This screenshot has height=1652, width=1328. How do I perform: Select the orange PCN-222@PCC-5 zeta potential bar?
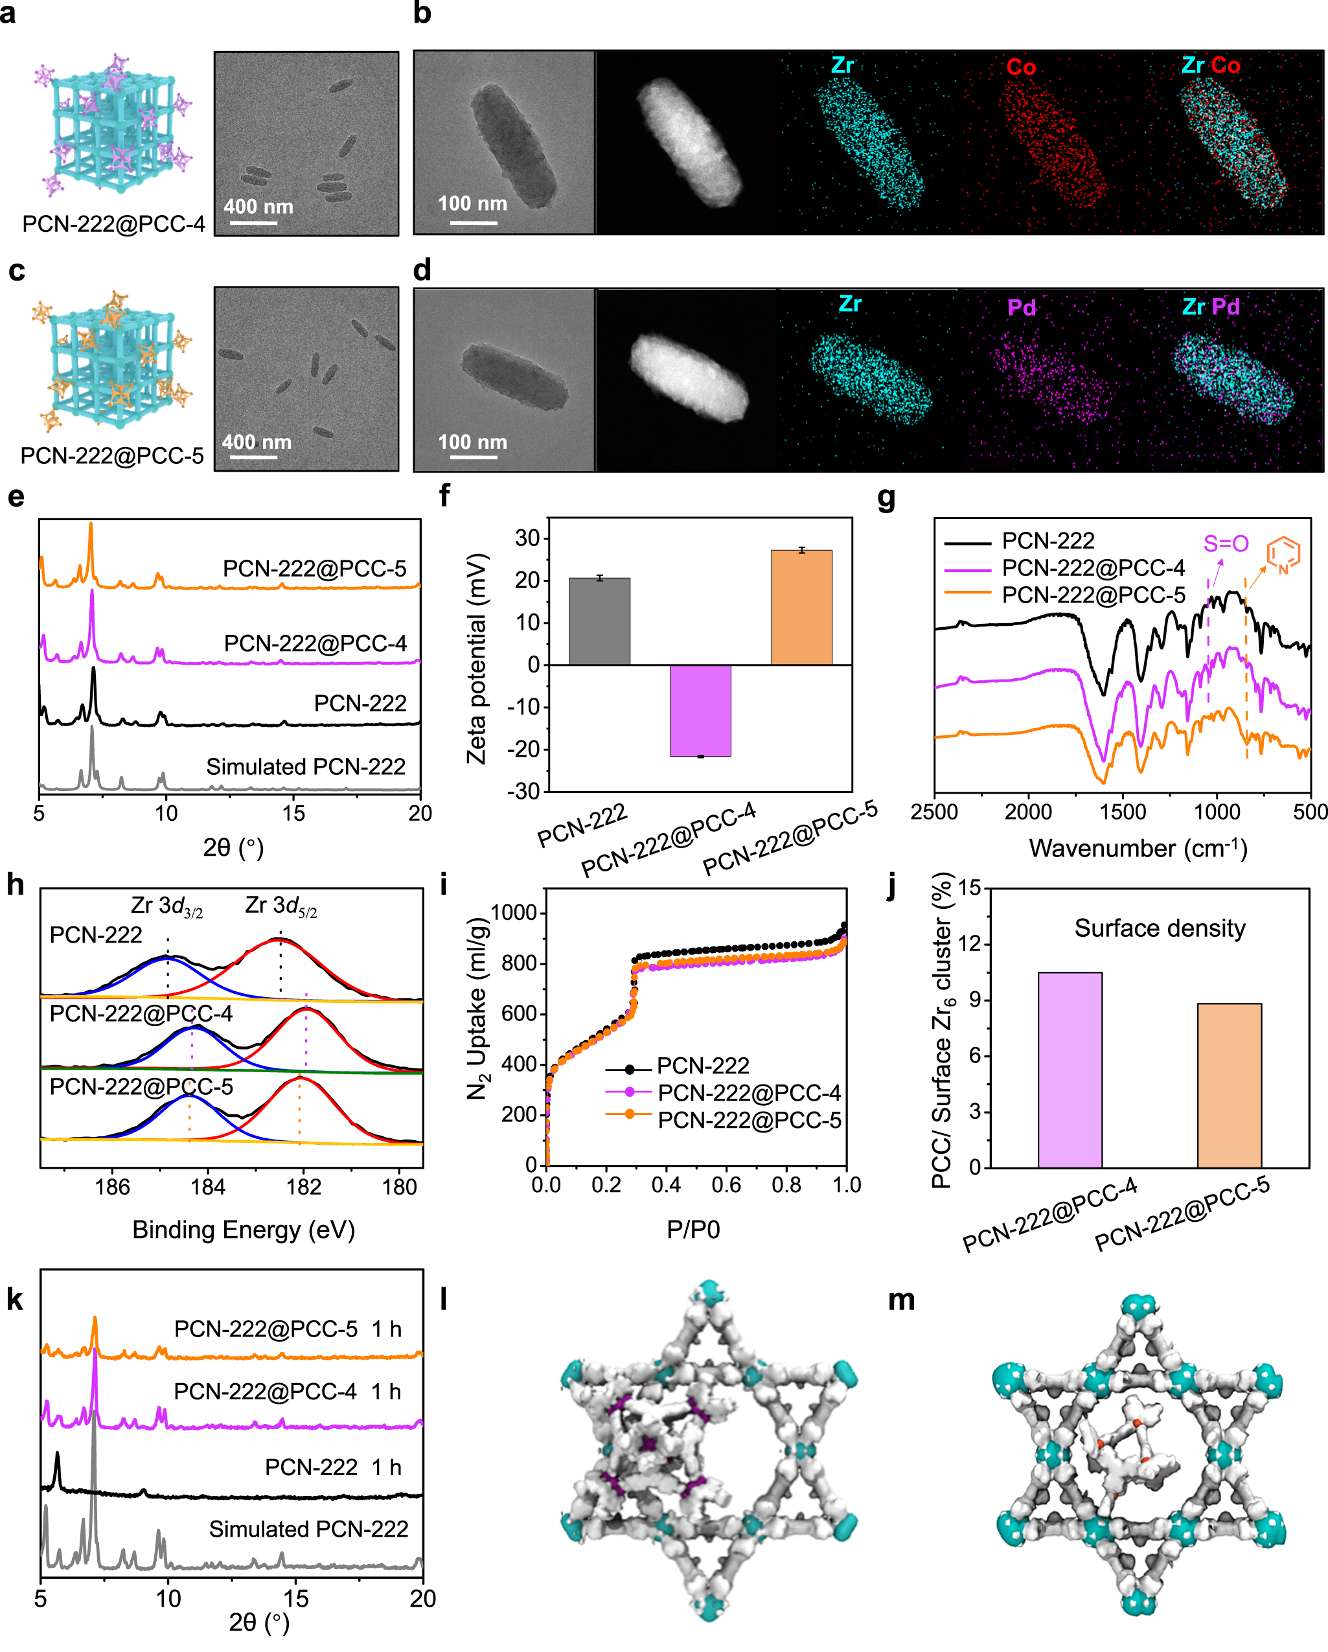[x=801, y=607]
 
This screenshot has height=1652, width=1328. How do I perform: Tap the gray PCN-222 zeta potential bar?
[x=599, y=621]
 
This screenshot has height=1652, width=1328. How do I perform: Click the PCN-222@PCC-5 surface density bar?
[x=1228, y=1085]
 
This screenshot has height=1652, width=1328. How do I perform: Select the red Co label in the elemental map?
[x=1021, y=67]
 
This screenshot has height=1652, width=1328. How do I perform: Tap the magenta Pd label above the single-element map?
[x=1022, y=307]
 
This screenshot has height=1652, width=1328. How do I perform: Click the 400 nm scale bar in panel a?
[x=253, y=222]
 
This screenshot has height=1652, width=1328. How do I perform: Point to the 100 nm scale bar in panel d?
[x=473, y=457]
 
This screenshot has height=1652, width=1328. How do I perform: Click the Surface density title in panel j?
[x=1160, y=928]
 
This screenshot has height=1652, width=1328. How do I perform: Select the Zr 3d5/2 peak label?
[x=280, y=906]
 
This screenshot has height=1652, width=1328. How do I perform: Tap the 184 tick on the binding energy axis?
[x=208, y=1187]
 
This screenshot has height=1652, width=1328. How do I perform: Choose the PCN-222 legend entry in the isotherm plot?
[x=703, y=1066]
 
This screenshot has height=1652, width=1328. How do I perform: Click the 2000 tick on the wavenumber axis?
[x=1027, y=812]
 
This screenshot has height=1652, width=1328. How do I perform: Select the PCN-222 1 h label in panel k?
[x=332, y=1467]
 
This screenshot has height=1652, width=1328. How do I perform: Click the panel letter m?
[x=901, y=1301]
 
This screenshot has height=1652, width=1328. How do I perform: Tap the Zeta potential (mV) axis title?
[x=477, y=659]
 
